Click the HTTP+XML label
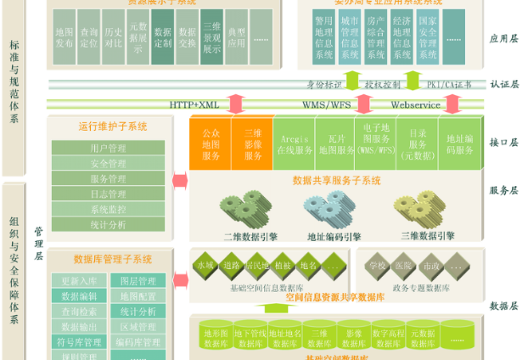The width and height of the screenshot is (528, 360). [x=194, y=104]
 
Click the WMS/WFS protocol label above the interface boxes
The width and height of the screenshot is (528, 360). [x=326, y=104]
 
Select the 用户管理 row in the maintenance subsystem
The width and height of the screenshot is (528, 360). [x=107, y=149]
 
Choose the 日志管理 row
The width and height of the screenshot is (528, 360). [x=107, y=194]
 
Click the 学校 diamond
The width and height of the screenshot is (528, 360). [x=378, y=266]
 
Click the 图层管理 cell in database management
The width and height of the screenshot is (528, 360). [x=138, y=281]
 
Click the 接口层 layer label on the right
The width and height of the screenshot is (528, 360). [x=503, y=143]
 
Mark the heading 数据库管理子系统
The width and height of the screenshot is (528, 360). [x=113, y=259]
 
